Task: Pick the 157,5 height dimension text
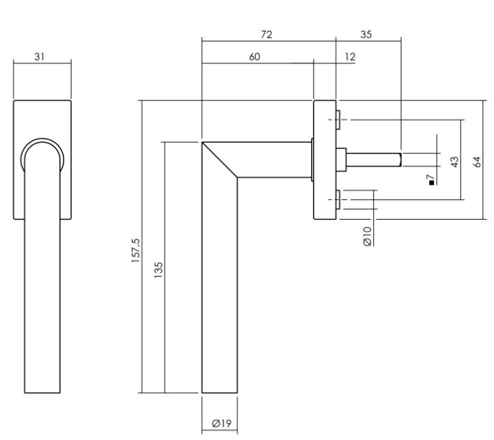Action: click(x=135, y=250)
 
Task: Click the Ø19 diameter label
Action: click(x=220, y=424)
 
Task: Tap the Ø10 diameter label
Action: click(x=367, y=235)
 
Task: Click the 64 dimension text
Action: click(x=478, y=162)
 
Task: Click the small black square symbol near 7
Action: click(x=430, y=184)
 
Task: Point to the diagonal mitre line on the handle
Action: click(x=219, y=159)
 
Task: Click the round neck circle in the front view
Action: click(x=42, y=158)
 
